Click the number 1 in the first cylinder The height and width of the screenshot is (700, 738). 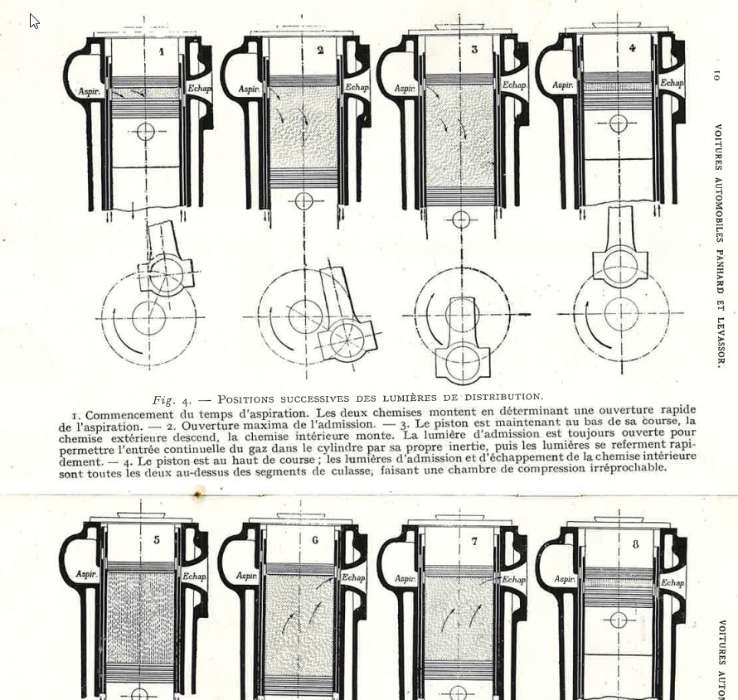click(x=162, y=51)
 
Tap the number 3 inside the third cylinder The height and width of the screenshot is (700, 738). click(x=474, y=50)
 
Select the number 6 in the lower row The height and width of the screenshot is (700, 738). click(x=315, y=540)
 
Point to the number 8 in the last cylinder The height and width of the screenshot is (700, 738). click(x=636, y=544)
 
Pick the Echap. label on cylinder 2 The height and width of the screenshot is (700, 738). click(x=357, y=88)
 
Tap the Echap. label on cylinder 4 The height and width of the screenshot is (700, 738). click(x=672, y=83)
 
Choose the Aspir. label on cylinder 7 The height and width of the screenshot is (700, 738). click(x=405, y=578)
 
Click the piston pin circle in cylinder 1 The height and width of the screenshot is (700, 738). click(x=147, y=132)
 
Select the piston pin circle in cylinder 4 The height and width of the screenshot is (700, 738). click(x=619, y=123)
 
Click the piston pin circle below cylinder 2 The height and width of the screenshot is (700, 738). click(x=303, y=201)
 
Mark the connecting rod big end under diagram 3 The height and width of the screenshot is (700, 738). click(x=464, y=361)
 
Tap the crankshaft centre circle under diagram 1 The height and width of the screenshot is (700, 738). click(x=148, y=318)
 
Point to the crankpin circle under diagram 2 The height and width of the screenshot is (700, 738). click(x=347, y=340)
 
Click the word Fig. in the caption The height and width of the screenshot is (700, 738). click(x=164, y=401)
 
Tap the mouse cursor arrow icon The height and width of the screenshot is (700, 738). click(x=34, y=22)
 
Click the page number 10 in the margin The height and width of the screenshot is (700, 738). click(x=716, y=75)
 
